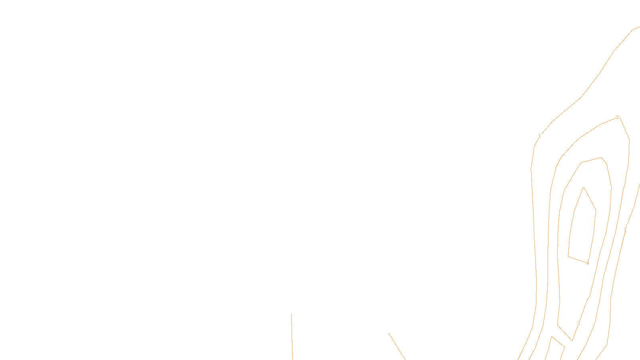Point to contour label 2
click(x=617, y=117)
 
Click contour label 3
click(x=578, y=324)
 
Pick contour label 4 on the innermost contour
click(x=587, y=263)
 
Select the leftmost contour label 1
click(x=540, y=136)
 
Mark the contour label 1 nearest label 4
click(x=625, y=231)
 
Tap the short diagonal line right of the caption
click(x=397, y=346)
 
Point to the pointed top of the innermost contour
click(x=584, y=187)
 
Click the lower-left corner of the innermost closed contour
click(x=568, y=256)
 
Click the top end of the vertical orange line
click(x=291, y=314)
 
